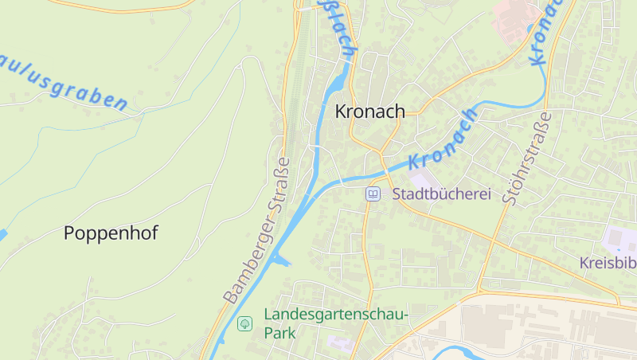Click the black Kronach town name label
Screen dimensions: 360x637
pos(369,112)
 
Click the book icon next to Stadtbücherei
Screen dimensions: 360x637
pos(373,194)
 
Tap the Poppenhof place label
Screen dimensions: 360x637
pos(111,233)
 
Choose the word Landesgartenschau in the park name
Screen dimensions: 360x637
pos(335,315)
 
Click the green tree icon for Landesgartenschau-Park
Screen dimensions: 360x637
pos(245,323)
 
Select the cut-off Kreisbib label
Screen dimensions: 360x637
pos(608,263)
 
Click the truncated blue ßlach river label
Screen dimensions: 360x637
pos(338,29)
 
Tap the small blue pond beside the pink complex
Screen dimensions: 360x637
pos(530,31)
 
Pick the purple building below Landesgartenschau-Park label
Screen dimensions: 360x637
pos(339,343)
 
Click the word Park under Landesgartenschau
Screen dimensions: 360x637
pos(279,333)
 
